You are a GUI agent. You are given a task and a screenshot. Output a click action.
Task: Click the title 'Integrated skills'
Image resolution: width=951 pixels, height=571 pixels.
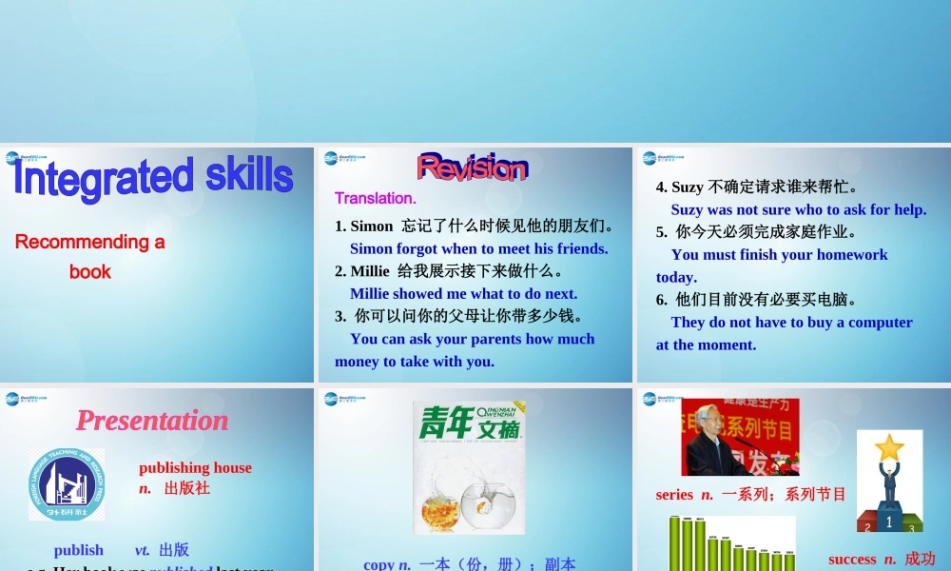click(153, 178)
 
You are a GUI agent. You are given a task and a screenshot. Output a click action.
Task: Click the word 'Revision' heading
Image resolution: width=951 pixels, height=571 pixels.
click(472, 168)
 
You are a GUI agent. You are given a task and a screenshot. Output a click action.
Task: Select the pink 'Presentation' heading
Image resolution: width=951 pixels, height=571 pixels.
click(152, 421)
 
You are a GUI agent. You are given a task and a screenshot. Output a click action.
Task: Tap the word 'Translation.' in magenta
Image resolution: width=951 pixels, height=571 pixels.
click(376, 199)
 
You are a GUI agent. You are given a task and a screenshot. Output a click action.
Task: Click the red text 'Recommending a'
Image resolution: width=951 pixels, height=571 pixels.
click(90, 242)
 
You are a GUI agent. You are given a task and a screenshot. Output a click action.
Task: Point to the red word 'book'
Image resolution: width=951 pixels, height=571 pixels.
click(90, 272)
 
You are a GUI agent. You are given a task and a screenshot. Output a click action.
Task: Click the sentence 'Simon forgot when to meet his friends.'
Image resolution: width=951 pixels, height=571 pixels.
click(478, 248)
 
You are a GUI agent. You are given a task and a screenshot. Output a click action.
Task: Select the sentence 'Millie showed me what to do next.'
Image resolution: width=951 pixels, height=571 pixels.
click(463, 294)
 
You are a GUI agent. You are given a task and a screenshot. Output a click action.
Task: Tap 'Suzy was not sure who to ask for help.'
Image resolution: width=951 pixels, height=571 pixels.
click(798, 209)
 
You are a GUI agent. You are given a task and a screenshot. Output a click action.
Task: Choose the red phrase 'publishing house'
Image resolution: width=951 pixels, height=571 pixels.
click(195, 467)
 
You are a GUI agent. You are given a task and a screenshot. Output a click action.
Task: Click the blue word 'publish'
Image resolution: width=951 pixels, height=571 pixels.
click(79, 550)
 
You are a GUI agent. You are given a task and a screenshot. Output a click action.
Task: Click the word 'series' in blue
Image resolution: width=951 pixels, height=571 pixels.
click(674, 495)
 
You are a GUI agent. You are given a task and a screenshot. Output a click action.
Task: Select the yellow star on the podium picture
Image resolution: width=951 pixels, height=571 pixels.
click(889, 446)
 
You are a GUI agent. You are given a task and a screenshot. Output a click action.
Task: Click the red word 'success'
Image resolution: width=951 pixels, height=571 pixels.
click(852, 560)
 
